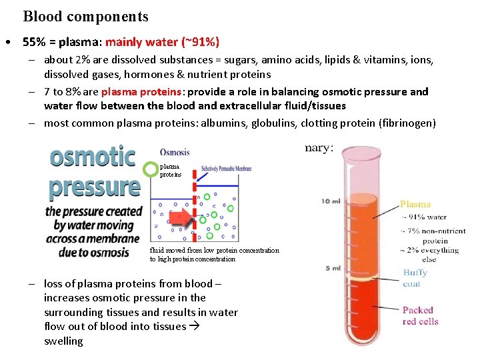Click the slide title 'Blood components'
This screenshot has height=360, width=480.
[85, 17]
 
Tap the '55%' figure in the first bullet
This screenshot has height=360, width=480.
[33, 41]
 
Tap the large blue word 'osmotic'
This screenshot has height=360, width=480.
[93, 158]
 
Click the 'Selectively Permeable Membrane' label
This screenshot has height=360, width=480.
[226, 169]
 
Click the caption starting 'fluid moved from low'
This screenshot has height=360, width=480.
[214, 255]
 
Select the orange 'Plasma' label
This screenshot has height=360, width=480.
[415, 204]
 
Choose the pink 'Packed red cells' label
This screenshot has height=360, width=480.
[420, 315]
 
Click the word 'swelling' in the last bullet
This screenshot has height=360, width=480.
[63, 341]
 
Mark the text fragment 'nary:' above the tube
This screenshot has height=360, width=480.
[319, 147]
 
